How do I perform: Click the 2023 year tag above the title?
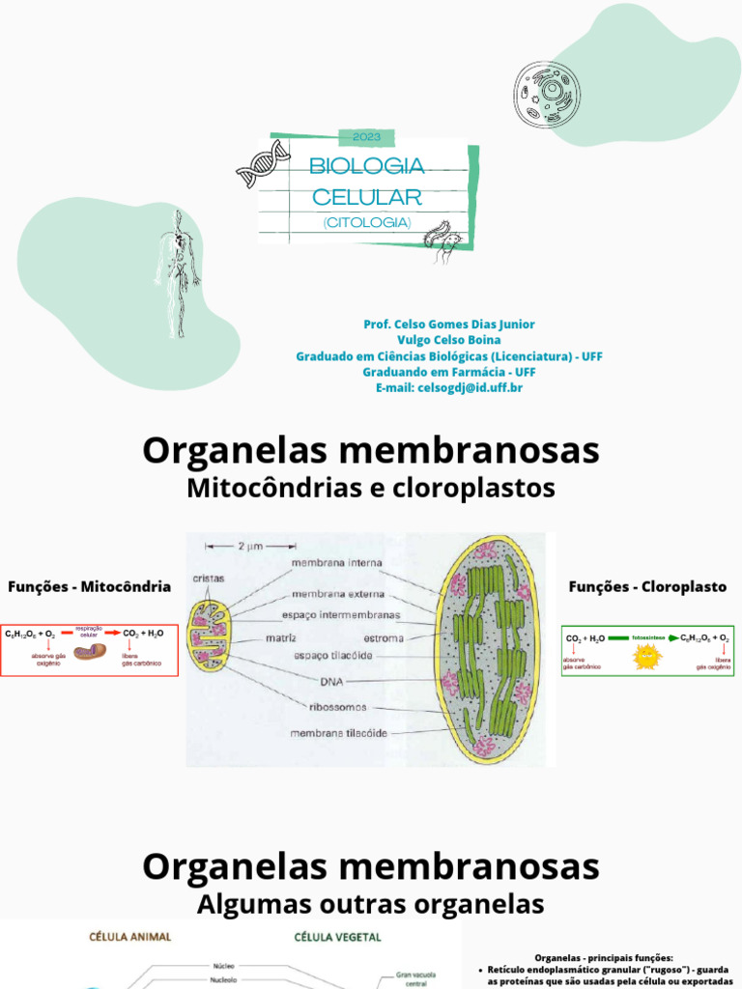click(367, 137)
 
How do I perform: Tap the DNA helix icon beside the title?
click(263, 163)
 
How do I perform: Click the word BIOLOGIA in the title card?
click(366, 166)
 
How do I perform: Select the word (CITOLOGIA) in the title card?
click(367, 222)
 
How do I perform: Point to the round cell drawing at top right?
click(547, 95)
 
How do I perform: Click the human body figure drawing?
click(176, 272)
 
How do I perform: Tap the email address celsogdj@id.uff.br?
click(448, 387)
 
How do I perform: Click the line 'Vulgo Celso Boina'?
click(448, 340)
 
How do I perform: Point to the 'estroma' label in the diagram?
click(383, 638)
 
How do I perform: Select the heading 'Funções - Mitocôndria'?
click(89, 586)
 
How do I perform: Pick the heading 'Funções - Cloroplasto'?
click(647, 586)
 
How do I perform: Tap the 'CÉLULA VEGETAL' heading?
click(336, 936)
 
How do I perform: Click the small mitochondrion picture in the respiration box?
click(91, 654)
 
